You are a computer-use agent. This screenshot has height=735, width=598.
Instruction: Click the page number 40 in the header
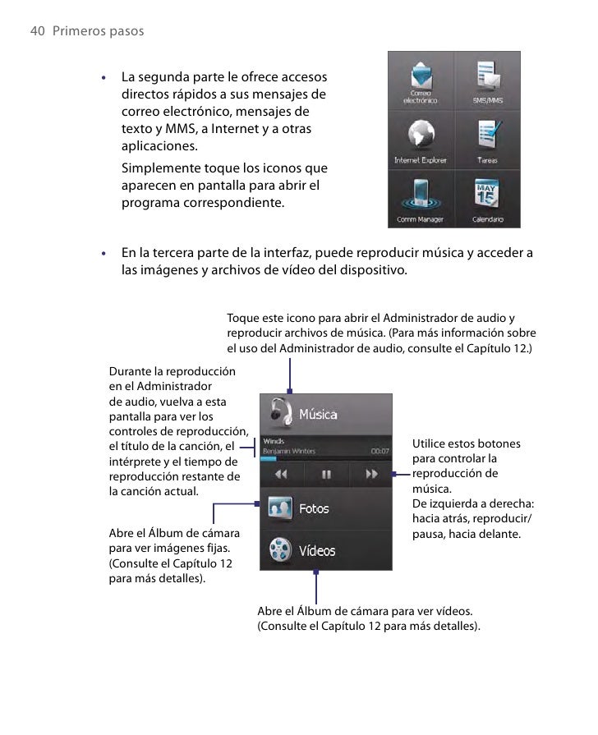point(36,31)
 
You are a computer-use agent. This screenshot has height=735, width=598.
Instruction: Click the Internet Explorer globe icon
point(420,136)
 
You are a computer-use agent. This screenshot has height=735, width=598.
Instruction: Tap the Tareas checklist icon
point(488,136)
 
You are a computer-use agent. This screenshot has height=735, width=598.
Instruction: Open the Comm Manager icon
point(420,195)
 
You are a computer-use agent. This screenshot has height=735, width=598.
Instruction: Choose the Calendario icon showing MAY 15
point(488,195)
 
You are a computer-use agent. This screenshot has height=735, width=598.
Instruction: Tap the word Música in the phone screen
point(317,415)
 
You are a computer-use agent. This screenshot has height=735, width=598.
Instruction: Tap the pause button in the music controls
point(326,474)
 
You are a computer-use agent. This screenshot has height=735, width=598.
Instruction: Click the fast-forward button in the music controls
point(371,474)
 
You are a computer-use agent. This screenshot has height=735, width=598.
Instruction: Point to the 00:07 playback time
point(379,451)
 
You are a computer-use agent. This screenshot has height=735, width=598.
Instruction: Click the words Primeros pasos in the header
point(97,31)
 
